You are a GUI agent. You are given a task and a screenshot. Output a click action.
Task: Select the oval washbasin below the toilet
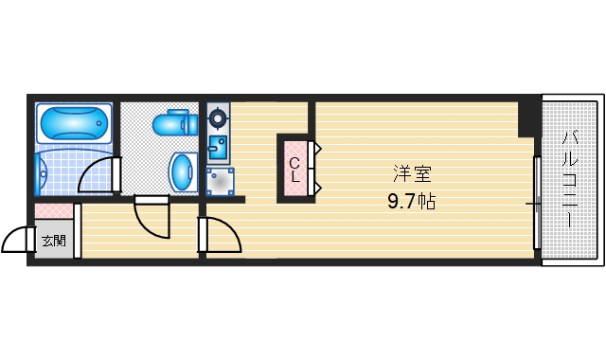coord(183,172)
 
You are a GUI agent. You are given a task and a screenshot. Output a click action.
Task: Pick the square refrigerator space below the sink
coord(221,181)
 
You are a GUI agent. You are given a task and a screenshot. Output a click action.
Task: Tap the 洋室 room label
coord(412,174)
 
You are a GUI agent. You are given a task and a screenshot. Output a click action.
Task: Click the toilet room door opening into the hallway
coord(151,219)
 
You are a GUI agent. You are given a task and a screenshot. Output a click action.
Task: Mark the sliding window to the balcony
coord(536,203)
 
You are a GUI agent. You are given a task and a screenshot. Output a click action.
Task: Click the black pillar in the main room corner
coord(527,118)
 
